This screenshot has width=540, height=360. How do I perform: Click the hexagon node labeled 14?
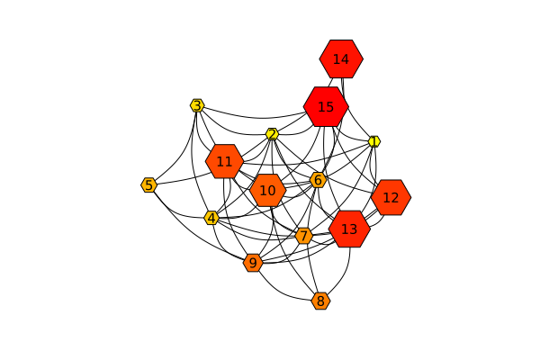(341, 59)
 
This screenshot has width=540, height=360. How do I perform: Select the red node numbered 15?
(326, 107)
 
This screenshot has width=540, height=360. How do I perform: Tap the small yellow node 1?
(374, 141)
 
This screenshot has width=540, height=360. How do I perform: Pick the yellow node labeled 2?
(272, 134)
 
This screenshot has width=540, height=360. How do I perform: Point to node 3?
(196, 105)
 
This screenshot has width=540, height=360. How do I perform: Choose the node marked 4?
(211, 218)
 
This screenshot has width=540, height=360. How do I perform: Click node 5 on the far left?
(148, 184)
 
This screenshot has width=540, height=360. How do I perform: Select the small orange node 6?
(318, 180)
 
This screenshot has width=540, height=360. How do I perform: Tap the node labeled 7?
(304, 236)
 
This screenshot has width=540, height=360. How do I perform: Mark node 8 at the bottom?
(320, 301)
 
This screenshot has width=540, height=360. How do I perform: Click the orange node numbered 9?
(253, 263)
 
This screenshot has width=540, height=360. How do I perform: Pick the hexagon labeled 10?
(267, 191)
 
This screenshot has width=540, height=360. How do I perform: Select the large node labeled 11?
(224, 162)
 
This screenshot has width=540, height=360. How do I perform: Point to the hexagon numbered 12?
(391, 197)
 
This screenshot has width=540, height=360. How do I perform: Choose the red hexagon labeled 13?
(349, 229)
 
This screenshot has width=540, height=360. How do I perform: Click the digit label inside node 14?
(341, 59)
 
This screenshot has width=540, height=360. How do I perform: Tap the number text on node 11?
(224, 162)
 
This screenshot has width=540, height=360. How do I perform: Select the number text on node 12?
(391, 197)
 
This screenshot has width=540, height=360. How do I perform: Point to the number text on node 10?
(267, 191)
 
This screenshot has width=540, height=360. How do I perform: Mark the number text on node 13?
(349, 229)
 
